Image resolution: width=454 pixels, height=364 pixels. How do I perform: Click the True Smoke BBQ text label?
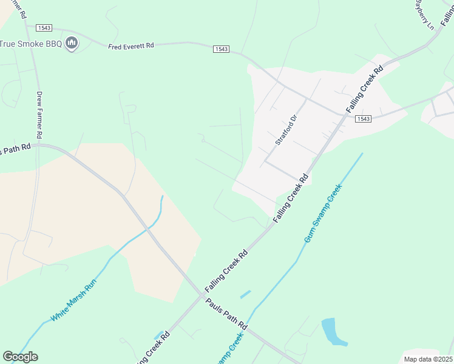[x=31, y=44]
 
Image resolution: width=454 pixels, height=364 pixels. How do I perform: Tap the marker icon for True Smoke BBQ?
[x=72, y=43]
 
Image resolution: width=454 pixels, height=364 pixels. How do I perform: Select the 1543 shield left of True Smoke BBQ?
[x=44, y=28]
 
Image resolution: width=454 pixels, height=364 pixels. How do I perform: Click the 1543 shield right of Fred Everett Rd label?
[x=221, y=49]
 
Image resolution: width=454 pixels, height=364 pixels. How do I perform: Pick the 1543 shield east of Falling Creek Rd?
[x=363, y=119]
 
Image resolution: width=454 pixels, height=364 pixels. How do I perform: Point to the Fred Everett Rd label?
[x=132, y=46]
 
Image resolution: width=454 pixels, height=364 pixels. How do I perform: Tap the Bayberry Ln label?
[x=425, y=15]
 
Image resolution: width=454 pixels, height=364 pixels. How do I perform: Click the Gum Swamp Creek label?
[x=323, y=214]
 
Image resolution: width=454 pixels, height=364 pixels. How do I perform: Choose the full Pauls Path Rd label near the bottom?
[x=225, y=314]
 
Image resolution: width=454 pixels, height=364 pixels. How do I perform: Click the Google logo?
[x=20, y=357]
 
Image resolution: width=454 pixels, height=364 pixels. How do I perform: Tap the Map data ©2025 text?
[x=427, y=359]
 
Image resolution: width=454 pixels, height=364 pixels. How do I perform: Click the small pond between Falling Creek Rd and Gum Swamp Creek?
[x=245, y=294]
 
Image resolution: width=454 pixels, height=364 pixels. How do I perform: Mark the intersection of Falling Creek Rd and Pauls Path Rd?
[x=202, y=295]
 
